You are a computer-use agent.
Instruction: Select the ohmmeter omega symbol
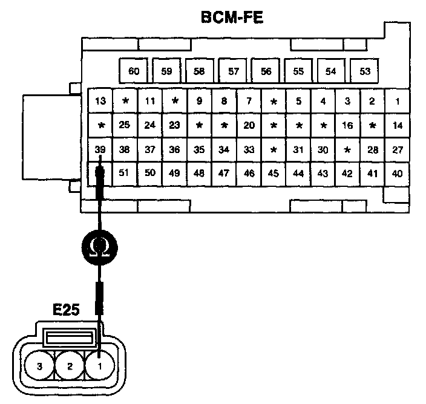click(x=100, y=247)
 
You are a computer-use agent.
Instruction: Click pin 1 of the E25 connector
click(x=100, y=366)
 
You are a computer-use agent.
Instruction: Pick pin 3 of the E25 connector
click(x=39, y=366)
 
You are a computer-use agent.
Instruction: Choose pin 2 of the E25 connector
click(x=70, y=366)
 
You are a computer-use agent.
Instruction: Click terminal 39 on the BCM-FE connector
click(x=101, y=149)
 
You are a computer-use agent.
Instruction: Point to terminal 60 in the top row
click(x=134, y=71)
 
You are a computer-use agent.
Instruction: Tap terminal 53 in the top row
click(x=365, y=71)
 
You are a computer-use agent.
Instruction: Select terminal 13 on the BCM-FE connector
click(x=101, y=101)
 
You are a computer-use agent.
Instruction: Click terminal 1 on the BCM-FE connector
click(x=398, y=101)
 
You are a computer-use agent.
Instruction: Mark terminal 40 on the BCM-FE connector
click(x=398, y=173)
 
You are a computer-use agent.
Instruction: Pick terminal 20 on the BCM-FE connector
click(x=249, y=126)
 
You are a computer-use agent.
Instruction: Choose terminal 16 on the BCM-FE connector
click(x=347, y=126)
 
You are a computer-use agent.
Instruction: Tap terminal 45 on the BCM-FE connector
click(x=273, y=173)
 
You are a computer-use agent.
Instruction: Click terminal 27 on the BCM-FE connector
click(x=398, y=149)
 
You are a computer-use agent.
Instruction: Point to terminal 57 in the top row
click(x=234, y=71)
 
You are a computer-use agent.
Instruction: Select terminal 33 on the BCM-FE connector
click(x=249, y=149)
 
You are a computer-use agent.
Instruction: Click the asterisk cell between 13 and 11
click(x=126, y=101)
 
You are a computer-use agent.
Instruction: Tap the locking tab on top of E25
click(x=70, y=336)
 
